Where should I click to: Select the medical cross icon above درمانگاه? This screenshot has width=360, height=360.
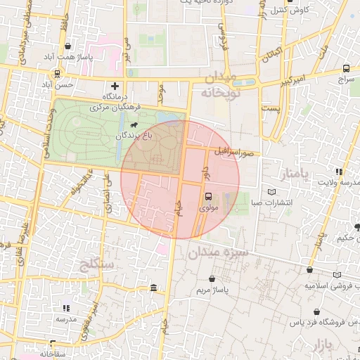(x=115, y=86)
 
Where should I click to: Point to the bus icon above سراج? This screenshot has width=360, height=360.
(x=346, y=68)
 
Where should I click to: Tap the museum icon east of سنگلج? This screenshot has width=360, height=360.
(x=154, y=287)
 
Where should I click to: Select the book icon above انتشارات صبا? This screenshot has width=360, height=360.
(x=272, y=192)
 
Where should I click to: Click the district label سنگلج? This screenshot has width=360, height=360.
(x=98, y=264)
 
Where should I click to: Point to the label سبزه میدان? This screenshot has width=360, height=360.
(x=218, y=251)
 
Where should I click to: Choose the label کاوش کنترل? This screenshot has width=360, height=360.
(x=288, y=9)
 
